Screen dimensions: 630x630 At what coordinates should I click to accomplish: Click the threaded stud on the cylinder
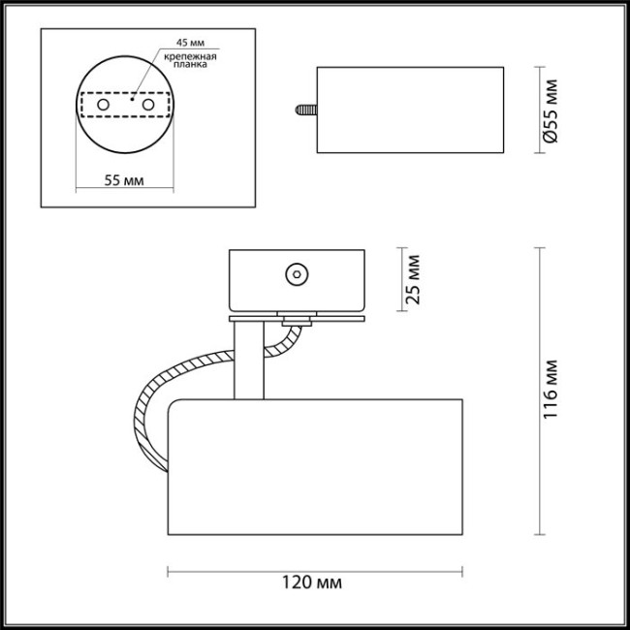[x=303, y=110]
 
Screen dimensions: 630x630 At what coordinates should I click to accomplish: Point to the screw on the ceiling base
[x=295, y=275]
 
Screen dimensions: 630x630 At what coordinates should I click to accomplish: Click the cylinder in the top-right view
[x=410, y=110]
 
